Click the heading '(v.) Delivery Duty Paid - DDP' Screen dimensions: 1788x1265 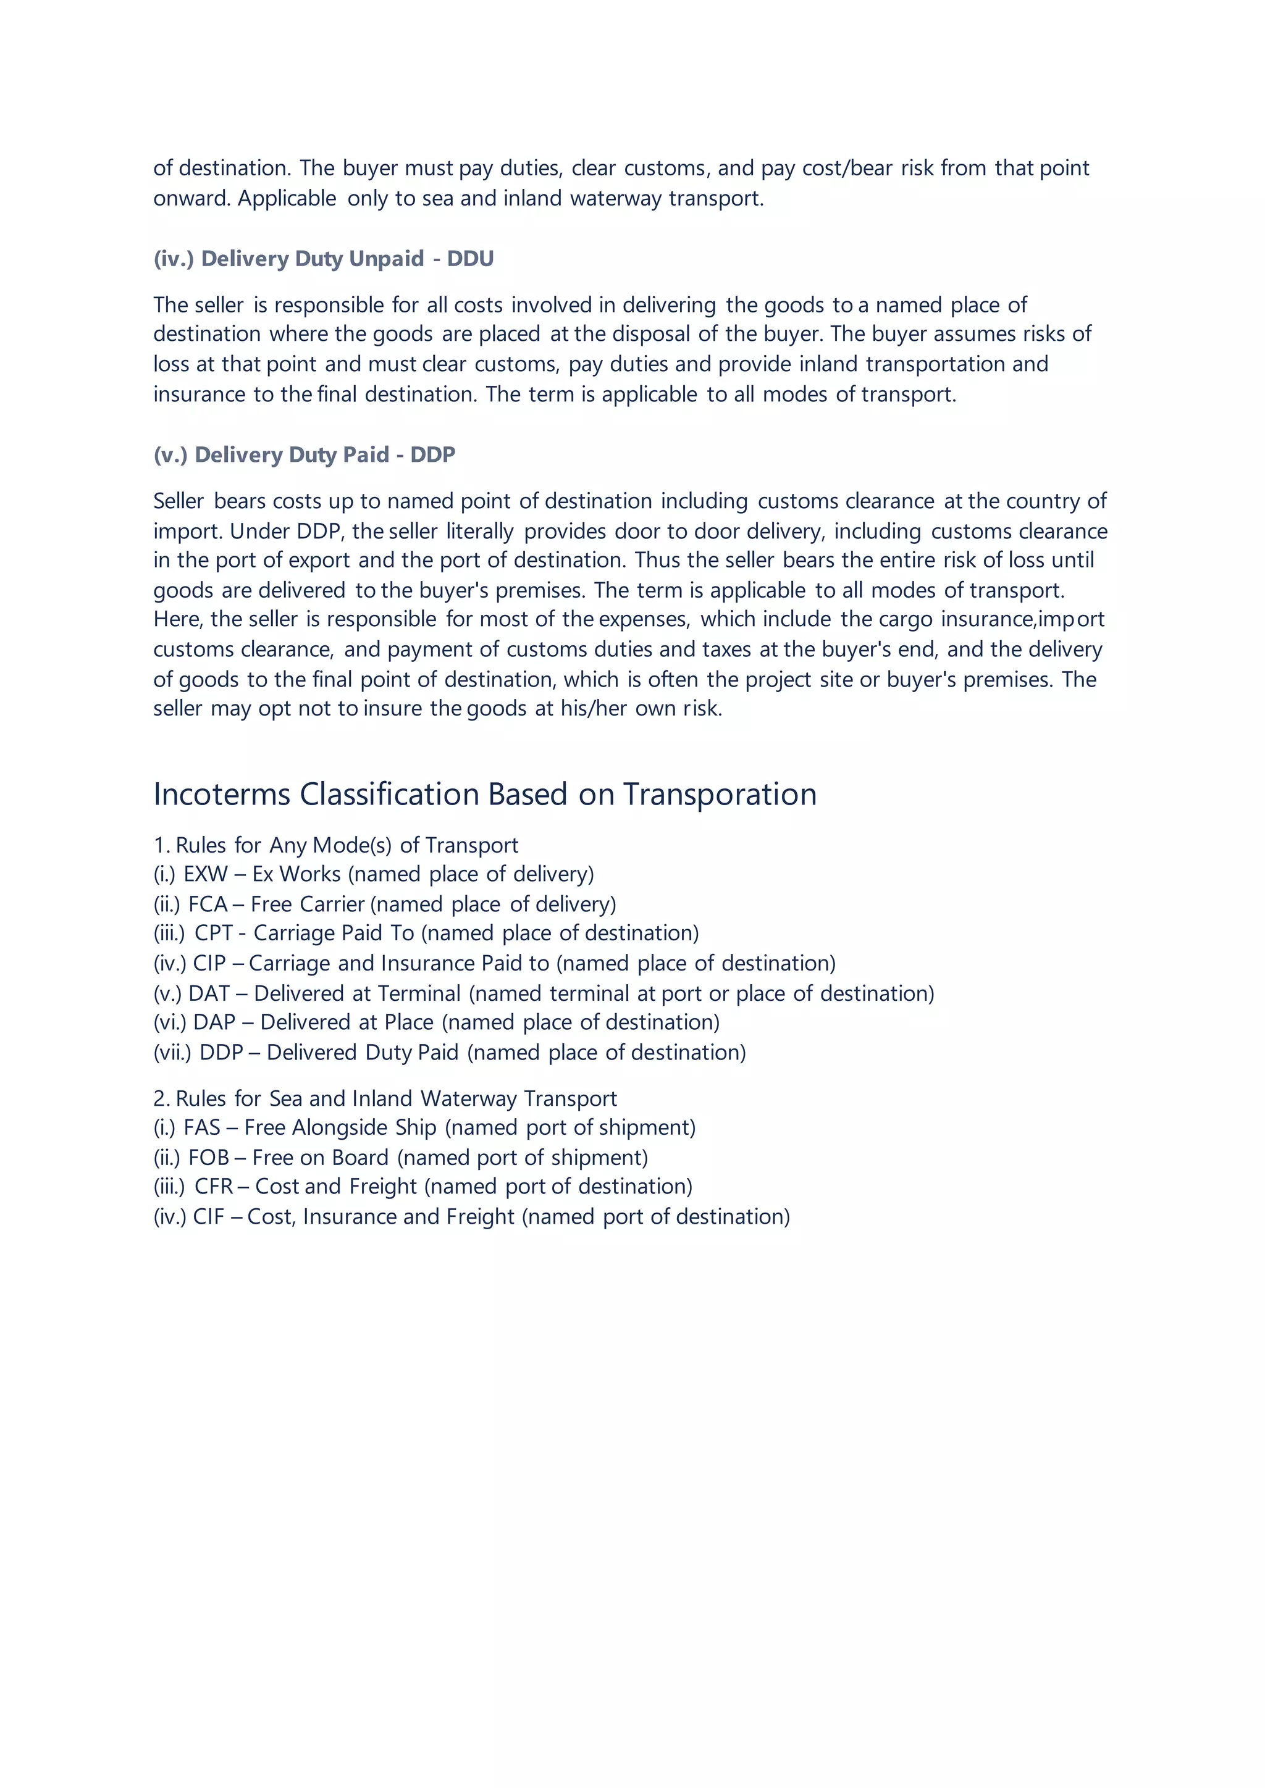304,455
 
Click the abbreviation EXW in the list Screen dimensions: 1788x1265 206,874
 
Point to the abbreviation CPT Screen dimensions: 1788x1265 214,934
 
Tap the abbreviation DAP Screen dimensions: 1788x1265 214,1022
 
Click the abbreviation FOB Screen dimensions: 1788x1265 209,1158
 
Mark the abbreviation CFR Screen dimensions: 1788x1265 214,1187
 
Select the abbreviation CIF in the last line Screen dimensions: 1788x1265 208,1217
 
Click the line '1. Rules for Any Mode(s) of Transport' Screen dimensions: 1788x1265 336,846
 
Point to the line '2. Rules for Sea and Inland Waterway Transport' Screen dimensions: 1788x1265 385,1099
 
